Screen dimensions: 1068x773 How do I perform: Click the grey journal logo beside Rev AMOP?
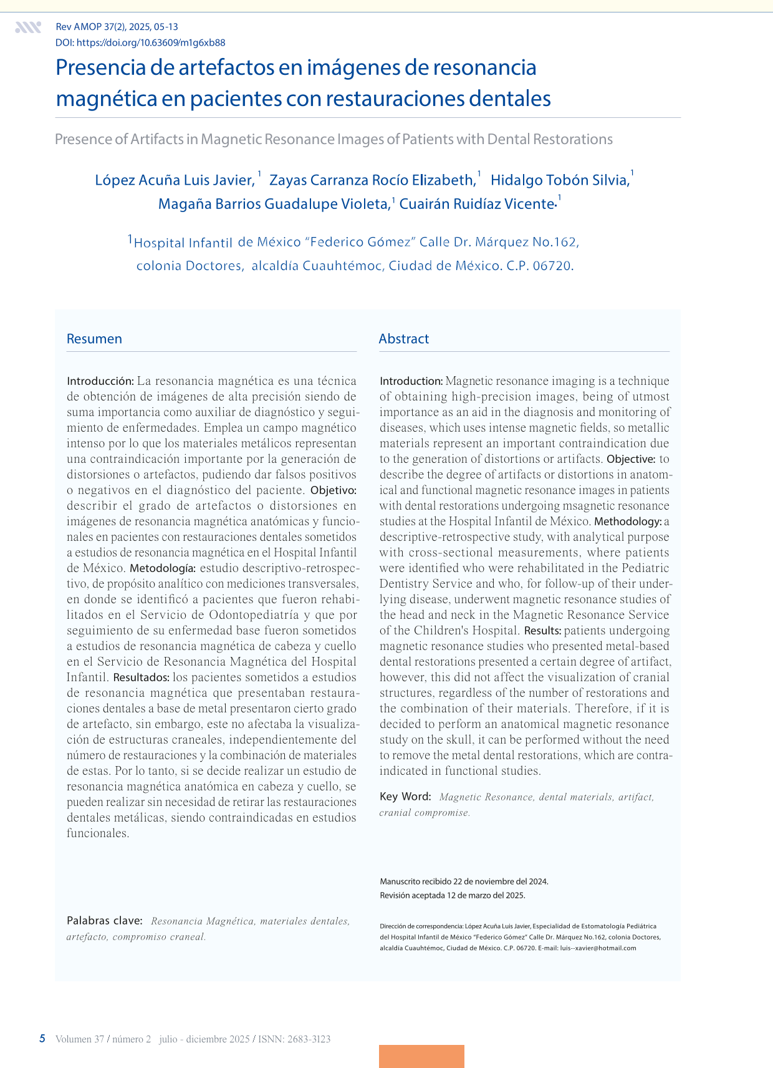point(28,27)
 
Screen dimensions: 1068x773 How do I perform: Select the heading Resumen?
point(94,339)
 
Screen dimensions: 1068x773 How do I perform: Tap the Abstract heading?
point(404,339)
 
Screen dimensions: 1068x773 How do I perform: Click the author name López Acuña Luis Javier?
point(174,180)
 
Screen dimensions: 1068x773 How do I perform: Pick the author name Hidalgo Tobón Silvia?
point(559,180)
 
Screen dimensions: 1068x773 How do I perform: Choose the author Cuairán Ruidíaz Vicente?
point(477,204)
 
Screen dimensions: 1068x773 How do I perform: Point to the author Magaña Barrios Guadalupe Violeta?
point(274,204)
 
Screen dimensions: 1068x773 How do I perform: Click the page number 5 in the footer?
point(42,1039)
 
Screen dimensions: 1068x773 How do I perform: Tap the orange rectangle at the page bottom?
point(421,1056)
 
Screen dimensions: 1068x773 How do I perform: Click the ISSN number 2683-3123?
point(309,1039)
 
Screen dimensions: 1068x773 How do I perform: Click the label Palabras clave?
point(105,921)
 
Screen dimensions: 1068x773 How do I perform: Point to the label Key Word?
point(405,797)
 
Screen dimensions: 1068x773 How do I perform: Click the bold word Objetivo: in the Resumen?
point(334,490)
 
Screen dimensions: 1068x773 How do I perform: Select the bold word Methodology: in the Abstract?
point(628,522)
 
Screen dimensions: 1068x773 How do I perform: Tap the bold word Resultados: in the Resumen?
point(142,677)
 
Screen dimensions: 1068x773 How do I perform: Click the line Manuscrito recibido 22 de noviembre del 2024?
point(464,881)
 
